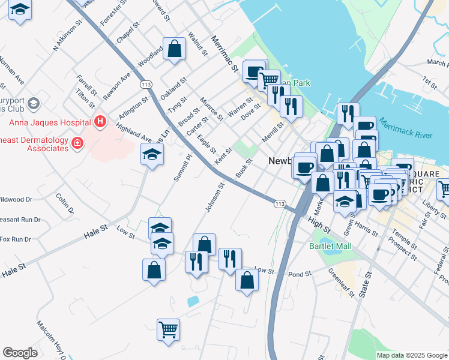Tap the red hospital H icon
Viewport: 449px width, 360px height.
101,122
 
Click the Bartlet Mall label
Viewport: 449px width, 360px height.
330,246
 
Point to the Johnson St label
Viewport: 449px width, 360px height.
214,198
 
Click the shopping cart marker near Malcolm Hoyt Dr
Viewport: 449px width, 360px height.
169,329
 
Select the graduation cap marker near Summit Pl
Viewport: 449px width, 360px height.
152,155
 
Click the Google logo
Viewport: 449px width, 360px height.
20,353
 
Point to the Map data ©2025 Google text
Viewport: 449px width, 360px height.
411,355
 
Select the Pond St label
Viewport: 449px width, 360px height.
300,274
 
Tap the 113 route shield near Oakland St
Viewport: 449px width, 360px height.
146,84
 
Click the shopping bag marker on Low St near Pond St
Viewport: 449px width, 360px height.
247,280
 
